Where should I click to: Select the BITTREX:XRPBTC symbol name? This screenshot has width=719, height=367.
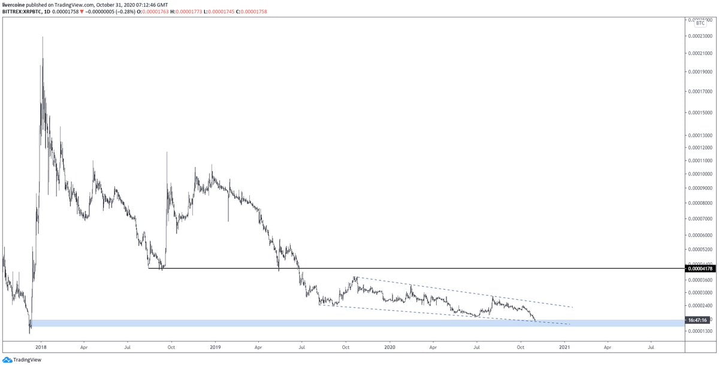(23, 12)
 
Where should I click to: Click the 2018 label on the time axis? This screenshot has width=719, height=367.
(41, 347)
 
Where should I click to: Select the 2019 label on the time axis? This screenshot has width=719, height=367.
(215, 347)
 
